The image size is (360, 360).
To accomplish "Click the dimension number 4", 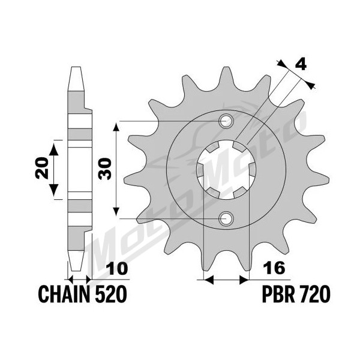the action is (x=301, y=65).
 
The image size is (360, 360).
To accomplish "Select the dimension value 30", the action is (x=105, y=169).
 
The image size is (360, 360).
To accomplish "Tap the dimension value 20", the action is (x=43, y=168).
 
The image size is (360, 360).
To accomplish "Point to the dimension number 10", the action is (x=117, y=269).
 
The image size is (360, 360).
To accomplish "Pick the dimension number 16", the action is (x=274, y=268).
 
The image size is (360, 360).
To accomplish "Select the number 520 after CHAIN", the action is (x=111, y=294).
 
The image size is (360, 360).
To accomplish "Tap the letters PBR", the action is (x=278, y=294).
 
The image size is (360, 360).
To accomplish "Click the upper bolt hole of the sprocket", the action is (x=226, y=121).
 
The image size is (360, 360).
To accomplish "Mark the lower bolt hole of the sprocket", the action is (x=226, y=218).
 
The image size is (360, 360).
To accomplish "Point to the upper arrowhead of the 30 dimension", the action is (x=116, y=127).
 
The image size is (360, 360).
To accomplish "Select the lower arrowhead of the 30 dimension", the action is (x=116, y=211).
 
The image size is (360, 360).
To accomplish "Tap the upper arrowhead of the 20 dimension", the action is (x=54, y=149).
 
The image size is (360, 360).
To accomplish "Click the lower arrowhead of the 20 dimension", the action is (x=54, y=190).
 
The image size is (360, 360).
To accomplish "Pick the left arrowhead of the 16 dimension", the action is (x=209, y=280).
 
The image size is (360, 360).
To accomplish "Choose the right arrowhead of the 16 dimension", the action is (x=244, y=280).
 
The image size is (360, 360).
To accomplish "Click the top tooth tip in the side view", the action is (x=76, y=67).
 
